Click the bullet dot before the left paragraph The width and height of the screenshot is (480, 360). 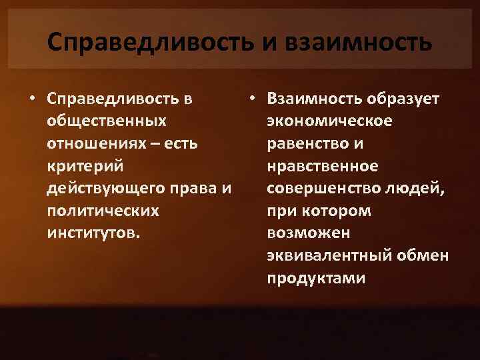[31, 99]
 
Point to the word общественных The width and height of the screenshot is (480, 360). [107, 122]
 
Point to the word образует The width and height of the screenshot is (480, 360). [403, 99]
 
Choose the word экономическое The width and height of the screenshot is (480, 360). [329, 122]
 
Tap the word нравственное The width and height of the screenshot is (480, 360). [322, 167]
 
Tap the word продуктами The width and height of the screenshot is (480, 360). [316, 279]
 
